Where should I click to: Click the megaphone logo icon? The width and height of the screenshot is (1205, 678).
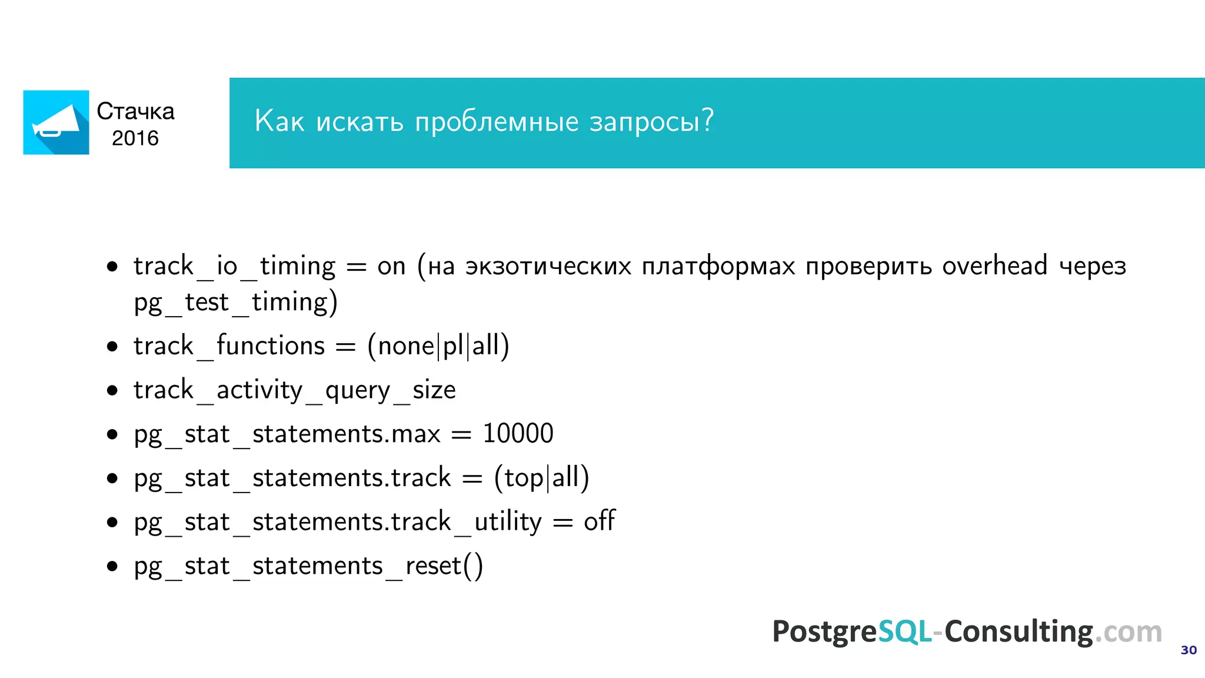click(56, 122)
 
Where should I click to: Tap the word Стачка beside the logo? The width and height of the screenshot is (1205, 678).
click(135, 111)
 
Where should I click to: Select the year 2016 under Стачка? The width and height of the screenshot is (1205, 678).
click(135, 138)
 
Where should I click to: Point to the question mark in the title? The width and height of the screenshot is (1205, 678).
click(707, 120)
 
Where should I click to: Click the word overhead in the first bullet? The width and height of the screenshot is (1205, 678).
click(994, 266)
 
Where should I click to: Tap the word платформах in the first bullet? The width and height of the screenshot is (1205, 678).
click(718, 267)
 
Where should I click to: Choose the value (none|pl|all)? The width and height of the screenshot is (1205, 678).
click(438, 345)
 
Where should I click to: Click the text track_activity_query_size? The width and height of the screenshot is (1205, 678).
click(294, 390)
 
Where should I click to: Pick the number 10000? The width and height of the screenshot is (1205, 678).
click(518, 434)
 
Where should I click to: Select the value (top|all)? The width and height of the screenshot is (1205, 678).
click(541, 477)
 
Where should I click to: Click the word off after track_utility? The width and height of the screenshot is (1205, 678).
click(599, 521)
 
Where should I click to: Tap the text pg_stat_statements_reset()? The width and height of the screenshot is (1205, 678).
click(308, 566)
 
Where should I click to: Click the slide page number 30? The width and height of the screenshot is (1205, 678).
click(1189, 650)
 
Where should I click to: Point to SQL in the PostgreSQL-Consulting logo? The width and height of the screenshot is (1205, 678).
click(904, 632)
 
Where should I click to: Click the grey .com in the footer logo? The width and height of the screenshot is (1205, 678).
click(1128, 632)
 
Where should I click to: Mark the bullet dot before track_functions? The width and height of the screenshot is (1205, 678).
click(112, 347)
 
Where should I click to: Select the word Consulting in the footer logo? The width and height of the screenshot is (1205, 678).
click(1018, 632)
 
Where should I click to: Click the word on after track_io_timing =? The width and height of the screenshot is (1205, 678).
click(391, 267)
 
